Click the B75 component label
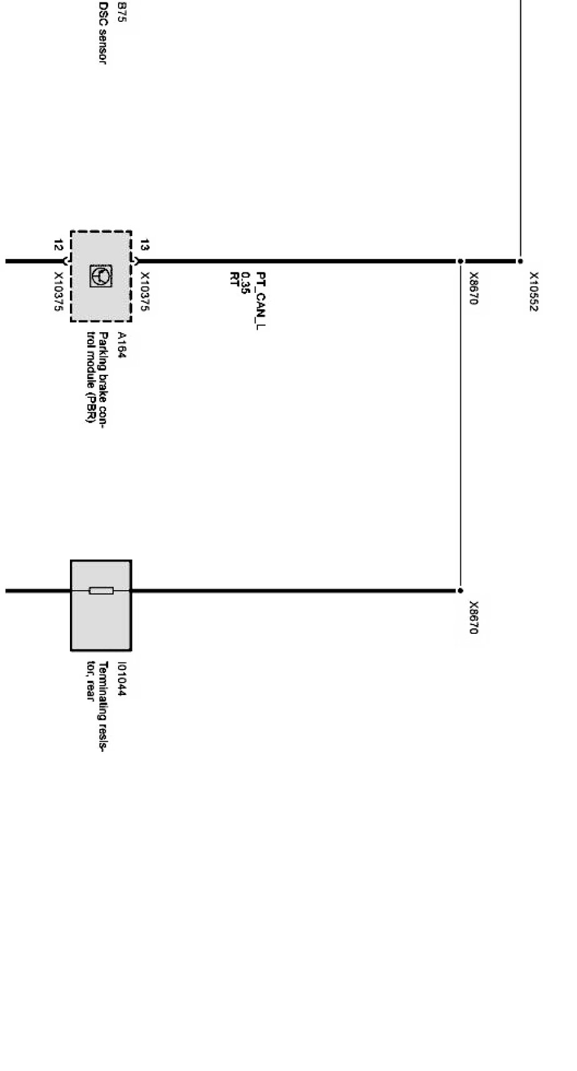click(x=121, y=12)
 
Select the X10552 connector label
click(x=535, y=291)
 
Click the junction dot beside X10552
click(x=520, y=261)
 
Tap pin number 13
click(x=145, y=245)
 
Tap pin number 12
click(x=58, y=245)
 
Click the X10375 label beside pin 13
click(x=145, y=291)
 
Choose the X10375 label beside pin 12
click(x=59, y=291)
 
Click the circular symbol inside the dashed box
click(x=101, y=275)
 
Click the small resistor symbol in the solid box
click(x=101, y=590)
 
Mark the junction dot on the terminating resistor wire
click(x=460, y=590)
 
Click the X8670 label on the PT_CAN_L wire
click(x=474, y=289)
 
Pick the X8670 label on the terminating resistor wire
click(x=474, y=618)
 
